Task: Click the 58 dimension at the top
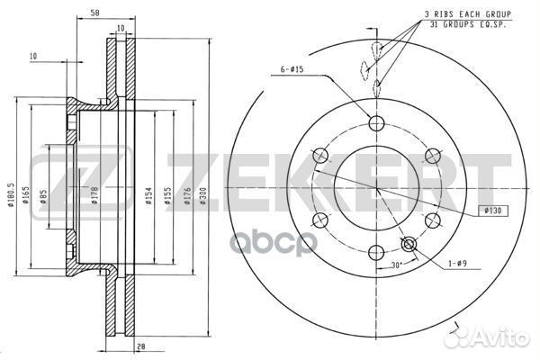(x=94, y=13)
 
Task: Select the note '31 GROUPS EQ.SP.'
(x=468, y=26)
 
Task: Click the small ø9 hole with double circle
(x=409, y=243)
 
